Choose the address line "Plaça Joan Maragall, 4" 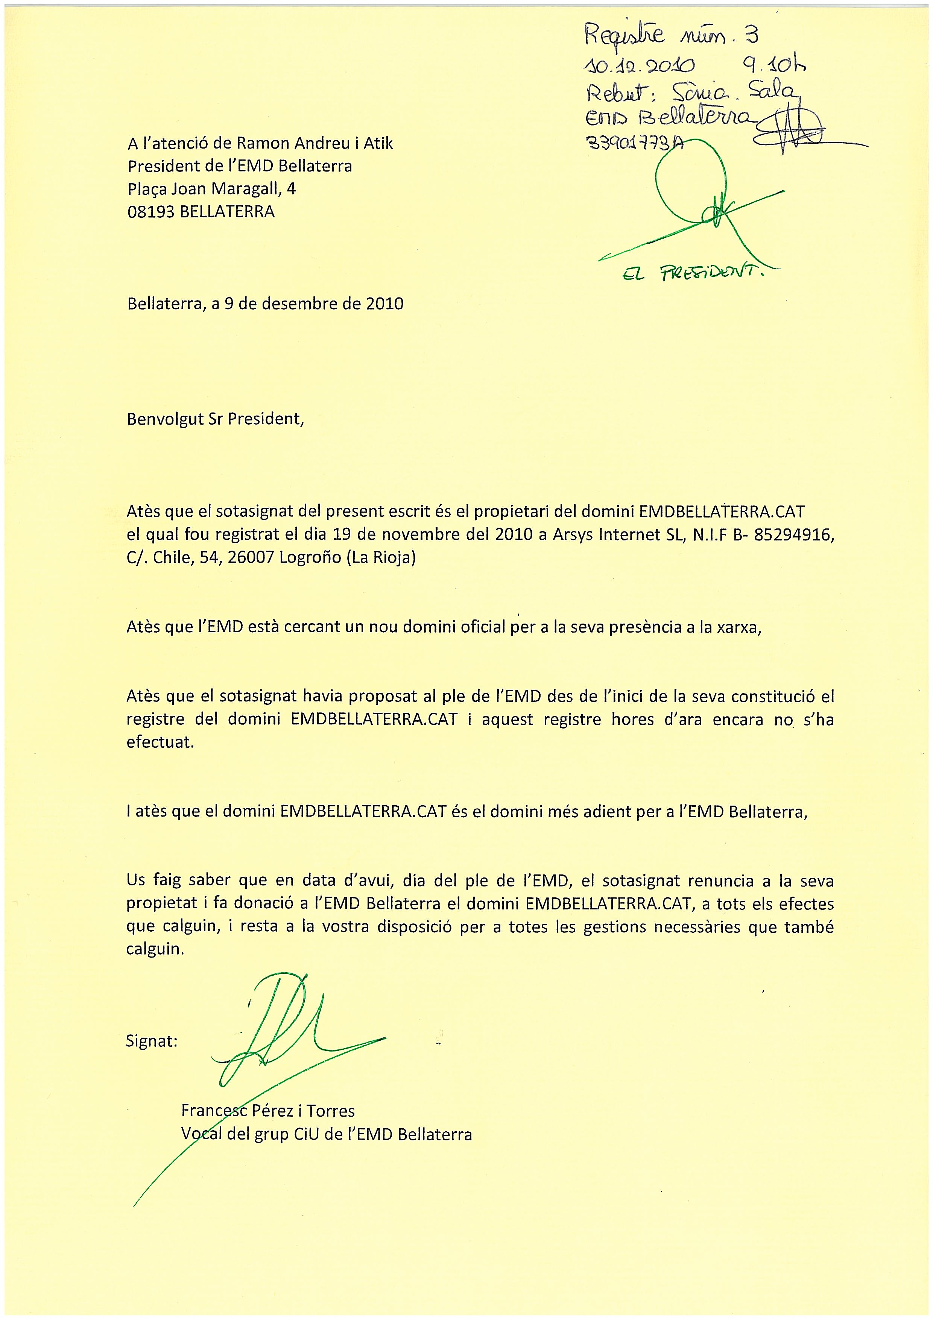[211, 189]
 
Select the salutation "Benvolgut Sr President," [215, 419]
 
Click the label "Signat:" [152, 1041]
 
